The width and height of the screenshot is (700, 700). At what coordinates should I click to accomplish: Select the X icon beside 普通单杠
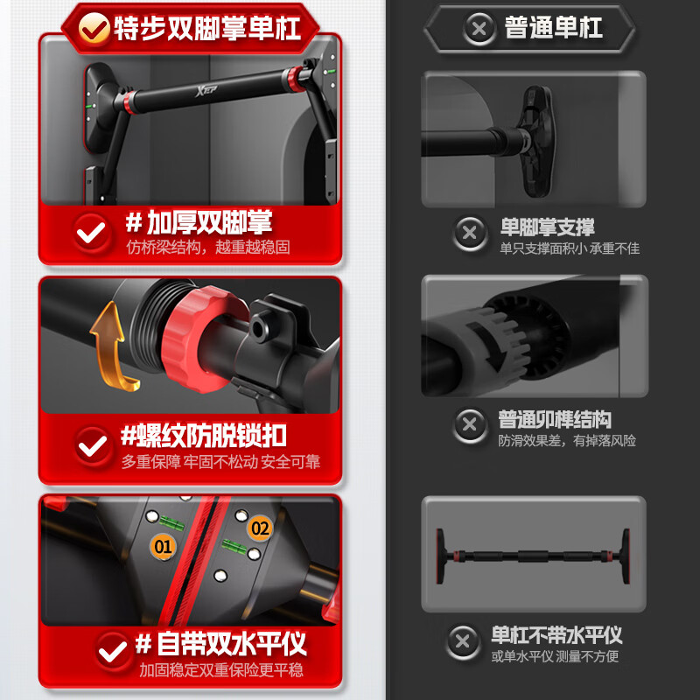point(479,29)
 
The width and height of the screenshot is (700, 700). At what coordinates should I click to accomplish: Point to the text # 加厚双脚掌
point(199,221)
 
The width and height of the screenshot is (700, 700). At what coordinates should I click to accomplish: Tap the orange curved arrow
point(111,342)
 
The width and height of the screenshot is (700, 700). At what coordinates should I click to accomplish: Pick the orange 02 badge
point(260,528)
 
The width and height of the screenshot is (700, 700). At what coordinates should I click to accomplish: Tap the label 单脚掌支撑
point(547,227)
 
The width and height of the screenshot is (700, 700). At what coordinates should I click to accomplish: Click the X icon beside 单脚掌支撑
point(470,233)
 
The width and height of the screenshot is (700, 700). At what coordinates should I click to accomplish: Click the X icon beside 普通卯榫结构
point(470,425)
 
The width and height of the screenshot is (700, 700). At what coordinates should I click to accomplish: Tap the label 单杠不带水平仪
point(556,634)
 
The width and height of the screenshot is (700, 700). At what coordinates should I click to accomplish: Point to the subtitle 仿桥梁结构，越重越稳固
point(208,248)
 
